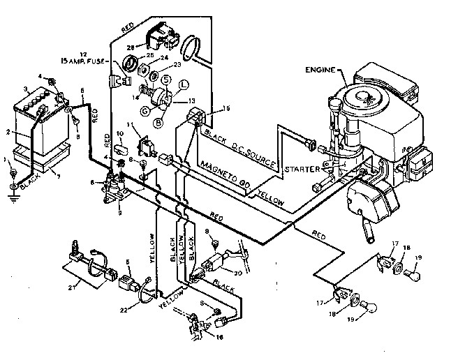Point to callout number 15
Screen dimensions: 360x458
coord(226,109)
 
